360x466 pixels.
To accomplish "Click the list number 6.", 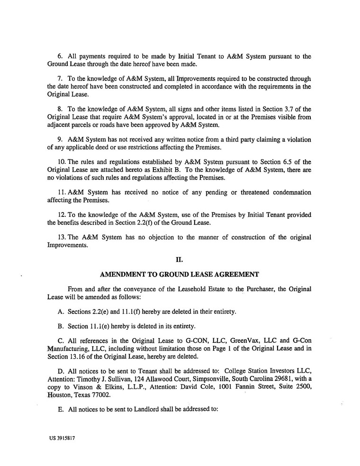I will pyautogui.click(x=60, y=56).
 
